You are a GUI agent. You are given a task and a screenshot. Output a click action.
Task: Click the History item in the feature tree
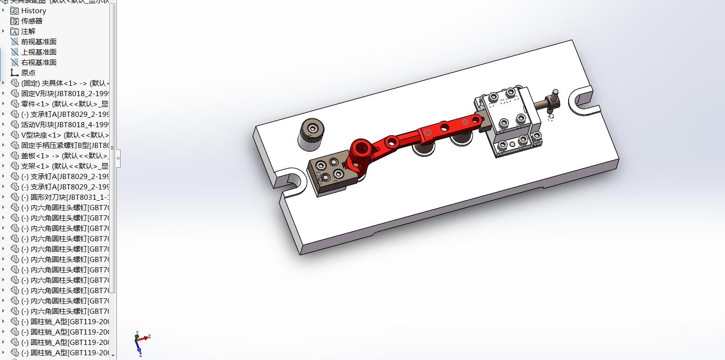(33, 10)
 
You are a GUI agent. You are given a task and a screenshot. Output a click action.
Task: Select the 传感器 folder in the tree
(32, 21)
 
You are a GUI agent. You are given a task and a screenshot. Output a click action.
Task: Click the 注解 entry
(28, 31)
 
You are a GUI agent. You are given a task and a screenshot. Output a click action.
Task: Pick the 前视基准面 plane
(39, 41)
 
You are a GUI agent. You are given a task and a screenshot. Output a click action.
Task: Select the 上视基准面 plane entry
(39, 52)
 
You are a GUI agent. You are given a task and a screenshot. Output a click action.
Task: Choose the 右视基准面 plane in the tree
(39, 62)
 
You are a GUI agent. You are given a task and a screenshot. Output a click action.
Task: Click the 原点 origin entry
(28, 73)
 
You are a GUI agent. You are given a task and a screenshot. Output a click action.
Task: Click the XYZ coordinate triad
(140, 342)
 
